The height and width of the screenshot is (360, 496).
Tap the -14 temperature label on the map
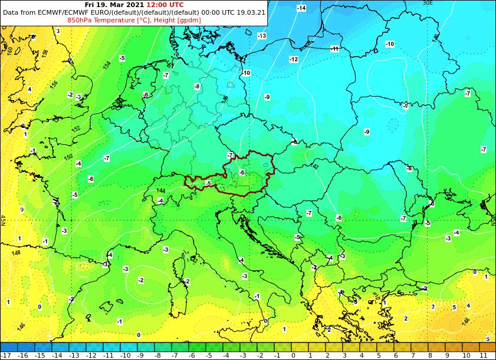click(x=301, y=8)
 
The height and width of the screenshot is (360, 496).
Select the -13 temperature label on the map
click(x=262, y=36)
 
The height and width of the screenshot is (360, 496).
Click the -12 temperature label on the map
click(x=293, y=60)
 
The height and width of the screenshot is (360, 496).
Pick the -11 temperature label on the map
click(x=334, y=49)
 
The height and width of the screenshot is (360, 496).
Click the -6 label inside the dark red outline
click(x=241, y=172)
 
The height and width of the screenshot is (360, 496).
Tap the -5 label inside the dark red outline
click(x=208, y=184)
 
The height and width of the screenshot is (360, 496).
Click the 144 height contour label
click(x=161, y=191)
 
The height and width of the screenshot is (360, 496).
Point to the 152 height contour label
click(x=75, y=129)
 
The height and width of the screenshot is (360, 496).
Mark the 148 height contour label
click(x=16, y=253)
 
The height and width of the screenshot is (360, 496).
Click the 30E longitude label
click(x=428, y=3)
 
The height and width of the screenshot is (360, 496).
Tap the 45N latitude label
click(x=3, y=220)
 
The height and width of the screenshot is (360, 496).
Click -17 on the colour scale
click(x=6, y=355)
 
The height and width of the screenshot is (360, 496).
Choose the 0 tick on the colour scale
click(x=293, y=355)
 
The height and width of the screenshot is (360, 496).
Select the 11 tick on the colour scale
click(x=482, y=355)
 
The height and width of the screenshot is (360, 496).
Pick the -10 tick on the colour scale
click(x=126, y=355)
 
